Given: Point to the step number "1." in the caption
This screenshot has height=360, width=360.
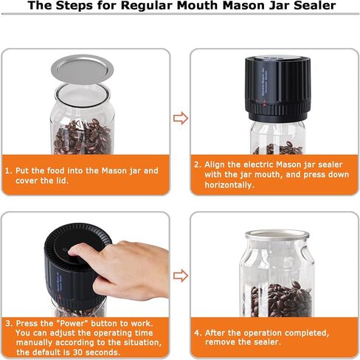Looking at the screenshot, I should pyautogui.click(x=9, y=170).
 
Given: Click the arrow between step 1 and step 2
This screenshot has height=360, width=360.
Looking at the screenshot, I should pyautogui.click(x=180, y=118).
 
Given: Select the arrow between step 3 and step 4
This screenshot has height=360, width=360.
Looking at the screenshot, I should pyautogui.click(x=180, y=275).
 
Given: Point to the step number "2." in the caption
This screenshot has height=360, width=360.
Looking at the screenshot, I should pyautogui.click(x=198, y=165).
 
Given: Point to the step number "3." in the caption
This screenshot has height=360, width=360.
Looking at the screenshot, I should pyautogui.click(x=9, y=324).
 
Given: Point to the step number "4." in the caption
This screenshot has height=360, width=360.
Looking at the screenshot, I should pyautogui.click(x=198, y=332).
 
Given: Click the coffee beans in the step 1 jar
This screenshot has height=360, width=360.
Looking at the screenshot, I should pyautogui.click(x=82, y=136).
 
